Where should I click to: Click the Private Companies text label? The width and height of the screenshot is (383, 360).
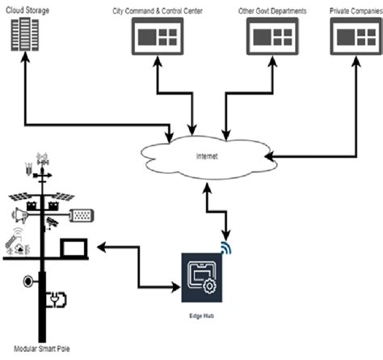tap(356, 9)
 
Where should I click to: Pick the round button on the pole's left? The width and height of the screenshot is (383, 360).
tap(30, 282)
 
